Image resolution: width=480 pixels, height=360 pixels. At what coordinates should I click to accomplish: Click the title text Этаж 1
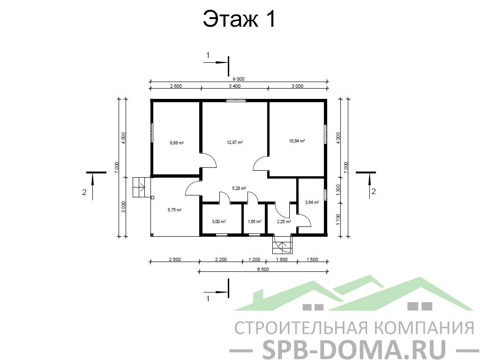(240, 19)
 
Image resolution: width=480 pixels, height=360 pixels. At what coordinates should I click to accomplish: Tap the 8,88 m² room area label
(177, 142)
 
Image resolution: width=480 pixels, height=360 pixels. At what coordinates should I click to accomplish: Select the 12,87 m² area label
(235, 142)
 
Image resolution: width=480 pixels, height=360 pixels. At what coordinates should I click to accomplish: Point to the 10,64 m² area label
(297, 141)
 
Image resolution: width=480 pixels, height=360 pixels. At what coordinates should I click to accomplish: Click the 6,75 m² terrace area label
(174, 210)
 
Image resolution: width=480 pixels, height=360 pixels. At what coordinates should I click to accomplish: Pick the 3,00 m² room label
(218, 222)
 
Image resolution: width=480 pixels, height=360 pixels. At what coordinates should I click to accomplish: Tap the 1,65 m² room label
(255, 222)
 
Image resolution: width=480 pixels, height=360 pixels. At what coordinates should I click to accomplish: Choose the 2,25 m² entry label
(284, 222)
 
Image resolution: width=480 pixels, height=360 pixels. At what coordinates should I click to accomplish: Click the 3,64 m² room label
(312, 202)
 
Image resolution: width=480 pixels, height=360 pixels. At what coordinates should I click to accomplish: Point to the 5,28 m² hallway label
(239, 188)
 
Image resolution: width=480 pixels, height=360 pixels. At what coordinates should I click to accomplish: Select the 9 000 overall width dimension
(239, 79)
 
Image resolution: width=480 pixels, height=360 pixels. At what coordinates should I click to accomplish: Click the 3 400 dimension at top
(235, 86)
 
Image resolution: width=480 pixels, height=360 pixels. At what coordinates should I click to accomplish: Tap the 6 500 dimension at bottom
(263, 270)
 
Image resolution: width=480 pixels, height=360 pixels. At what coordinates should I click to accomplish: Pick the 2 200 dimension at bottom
(221, 260)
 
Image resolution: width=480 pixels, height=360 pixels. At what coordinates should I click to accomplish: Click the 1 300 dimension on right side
(338, 190)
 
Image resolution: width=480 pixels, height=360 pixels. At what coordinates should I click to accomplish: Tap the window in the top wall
(236, 100)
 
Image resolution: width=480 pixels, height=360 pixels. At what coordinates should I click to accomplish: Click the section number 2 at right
(374, 192)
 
